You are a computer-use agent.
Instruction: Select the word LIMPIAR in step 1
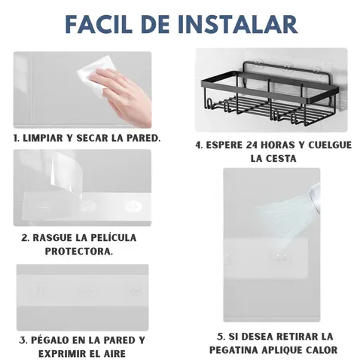[x=42, y=138]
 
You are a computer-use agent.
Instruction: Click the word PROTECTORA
[x=79, y=252]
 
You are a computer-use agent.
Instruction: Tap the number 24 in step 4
[x=252, y=145]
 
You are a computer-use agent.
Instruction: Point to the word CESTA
[x=282, y=159]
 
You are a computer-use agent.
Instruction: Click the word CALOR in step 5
[x=322, y=350]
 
